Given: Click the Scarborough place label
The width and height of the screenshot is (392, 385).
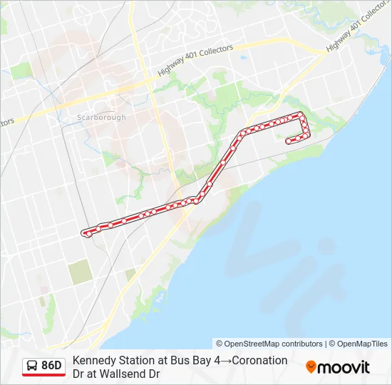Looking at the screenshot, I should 101,118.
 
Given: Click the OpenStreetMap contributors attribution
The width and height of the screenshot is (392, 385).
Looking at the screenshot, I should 269,344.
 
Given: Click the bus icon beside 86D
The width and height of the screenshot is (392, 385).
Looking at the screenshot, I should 31,366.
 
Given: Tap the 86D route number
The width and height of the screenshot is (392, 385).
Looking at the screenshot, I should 52,366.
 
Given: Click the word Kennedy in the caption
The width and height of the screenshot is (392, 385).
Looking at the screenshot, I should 93,361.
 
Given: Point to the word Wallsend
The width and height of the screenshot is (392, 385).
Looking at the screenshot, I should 125,374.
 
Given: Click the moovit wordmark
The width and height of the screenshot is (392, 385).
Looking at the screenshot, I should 344,367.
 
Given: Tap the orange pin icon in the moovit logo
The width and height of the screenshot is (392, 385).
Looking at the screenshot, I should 311,367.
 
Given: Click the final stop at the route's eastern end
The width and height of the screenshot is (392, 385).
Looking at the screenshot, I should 288,141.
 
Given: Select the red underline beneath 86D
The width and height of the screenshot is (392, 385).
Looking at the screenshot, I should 43,376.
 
